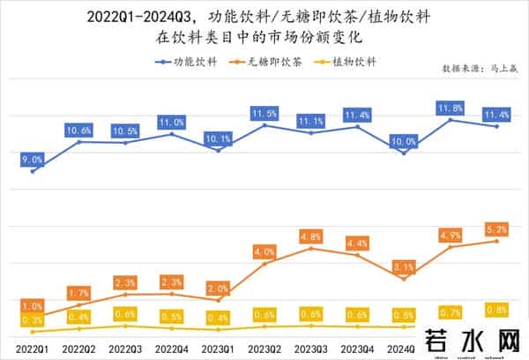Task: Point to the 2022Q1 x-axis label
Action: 33,349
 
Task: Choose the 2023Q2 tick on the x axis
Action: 264,349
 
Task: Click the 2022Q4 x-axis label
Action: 171,349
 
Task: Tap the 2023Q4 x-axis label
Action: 357,349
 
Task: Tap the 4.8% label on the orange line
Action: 310,236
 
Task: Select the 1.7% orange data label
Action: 78,292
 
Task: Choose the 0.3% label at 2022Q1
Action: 33,319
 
